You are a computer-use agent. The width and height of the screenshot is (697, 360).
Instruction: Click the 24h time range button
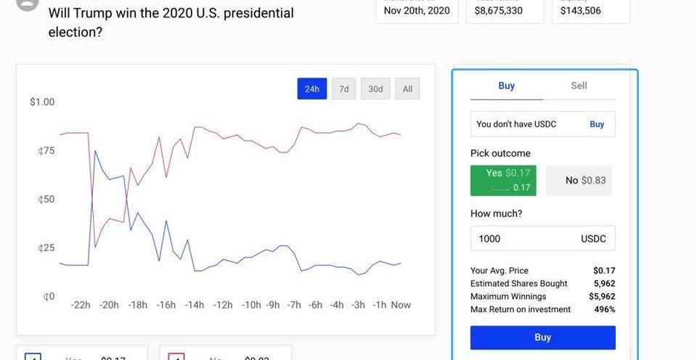coord(311,89)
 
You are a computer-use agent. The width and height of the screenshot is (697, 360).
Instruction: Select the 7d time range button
coord(343,89)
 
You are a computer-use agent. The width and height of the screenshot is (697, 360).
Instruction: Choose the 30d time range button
coord(375,89)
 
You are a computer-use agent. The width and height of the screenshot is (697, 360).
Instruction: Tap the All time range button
coord(407,89)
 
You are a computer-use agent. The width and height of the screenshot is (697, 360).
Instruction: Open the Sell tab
coord(579,86)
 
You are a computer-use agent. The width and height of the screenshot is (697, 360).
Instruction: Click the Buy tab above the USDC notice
coord(507,86)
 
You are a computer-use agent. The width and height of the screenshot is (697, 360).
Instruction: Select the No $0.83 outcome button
coord(579,180)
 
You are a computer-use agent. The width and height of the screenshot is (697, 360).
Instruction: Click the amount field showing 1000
coord(523,238)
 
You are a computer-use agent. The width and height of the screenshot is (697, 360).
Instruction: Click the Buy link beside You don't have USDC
coord(597,124)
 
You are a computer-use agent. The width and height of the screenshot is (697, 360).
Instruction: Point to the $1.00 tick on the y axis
coord(42,102)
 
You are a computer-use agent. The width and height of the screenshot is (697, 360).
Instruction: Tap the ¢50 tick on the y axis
coord(46,199)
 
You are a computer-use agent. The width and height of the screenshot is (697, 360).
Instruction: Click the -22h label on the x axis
coord(81,305)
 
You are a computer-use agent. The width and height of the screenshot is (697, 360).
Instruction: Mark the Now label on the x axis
coord(401,305)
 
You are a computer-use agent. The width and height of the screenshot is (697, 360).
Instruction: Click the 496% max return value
coord(604,309)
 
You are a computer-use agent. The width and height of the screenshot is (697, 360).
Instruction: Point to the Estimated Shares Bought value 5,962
coord(604,283)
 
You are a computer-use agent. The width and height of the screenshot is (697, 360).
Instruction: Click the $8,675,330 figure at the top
coord(498,10)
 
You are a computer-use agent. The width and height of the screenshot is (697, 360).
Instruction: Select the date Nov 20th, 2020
coord(417,10)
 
